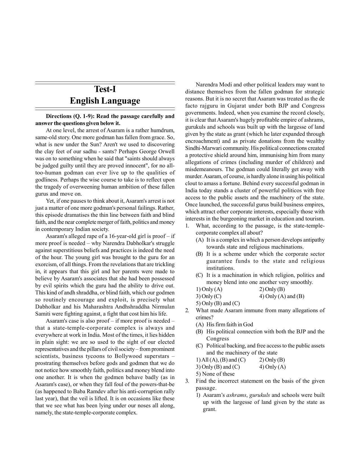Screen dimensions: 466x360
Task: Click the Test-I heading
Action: (105, 89)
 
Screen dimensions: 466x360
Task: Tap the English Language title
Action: (105, 101)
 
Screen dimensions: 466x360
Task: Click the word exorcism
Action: (45, 264)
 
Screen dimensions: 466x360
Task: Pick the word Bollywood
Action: (128, 356)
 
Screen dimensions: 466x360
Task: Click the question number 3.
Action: (187, 381)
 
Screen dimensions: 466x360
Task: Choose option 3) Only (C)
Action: (209, 296)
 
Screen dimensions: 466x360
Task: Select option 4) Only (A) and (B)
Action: (282, 296)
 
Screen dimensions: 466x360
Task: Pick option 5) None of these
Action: (215, 374)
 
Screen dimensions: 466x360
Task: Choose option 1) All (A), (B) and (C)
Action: (221, 360)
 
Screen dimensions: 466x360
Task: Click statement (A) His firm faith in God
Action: (224, 325)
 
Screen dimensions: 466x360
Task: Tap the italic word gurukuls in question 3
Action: (259, 395)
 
